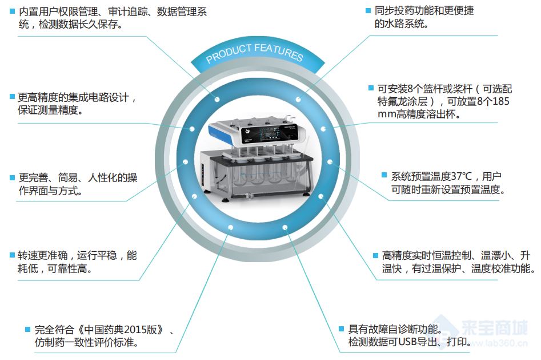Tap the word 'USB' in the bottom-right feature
click(407, 342)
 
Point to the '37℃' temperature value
click(461, 176)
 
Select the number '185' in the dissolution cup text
click(501, 101)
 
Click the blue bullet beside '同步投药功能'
click(368, 10)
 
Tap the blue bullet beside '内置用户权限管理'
click(13, 11)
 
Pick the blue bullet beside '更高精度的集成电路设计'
click(12, 97)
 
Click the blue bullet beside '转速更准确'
click(12, 255)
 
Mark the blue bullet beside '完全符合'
click(27, 329)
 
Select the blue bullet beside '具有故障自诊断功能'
click(341, 329)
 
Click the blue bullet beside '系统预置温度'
click(384, 175)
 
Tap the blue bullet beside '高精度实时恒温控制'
click(376, 256)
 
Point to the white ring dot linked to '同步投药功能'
click(298, 100)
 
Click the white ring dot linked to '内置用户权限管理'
click(217, 100)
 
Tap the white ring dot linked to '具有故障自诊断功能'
click(284, 228)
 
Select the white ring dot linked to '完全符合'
click(230, 228)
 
